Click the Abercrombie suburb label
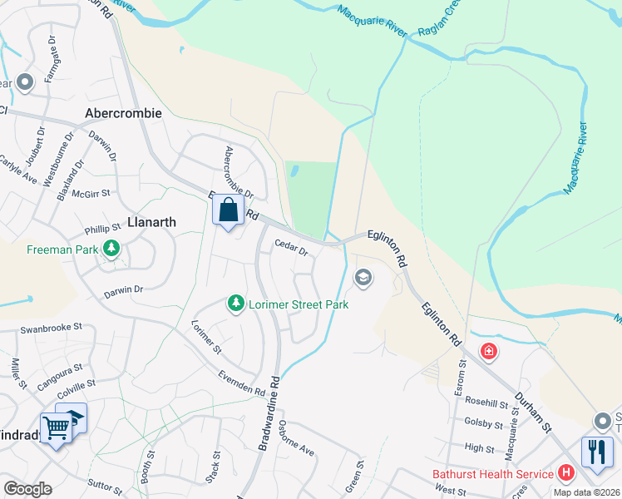point(123,112)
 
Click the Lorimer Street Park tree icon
point(237,304)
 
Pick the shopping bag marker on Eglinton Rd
point(229,211)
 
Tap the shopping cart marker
point(56,428)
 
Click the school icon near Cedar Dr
point(363,277)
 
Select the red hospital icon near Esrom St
point(489,351)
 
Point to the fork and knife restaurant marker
point(597,452)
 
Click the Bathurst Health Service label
point(493,474)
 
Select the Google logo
point(27,489)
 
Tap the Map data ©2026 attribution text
point(587,492)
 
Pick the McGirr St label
point(91,194)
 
